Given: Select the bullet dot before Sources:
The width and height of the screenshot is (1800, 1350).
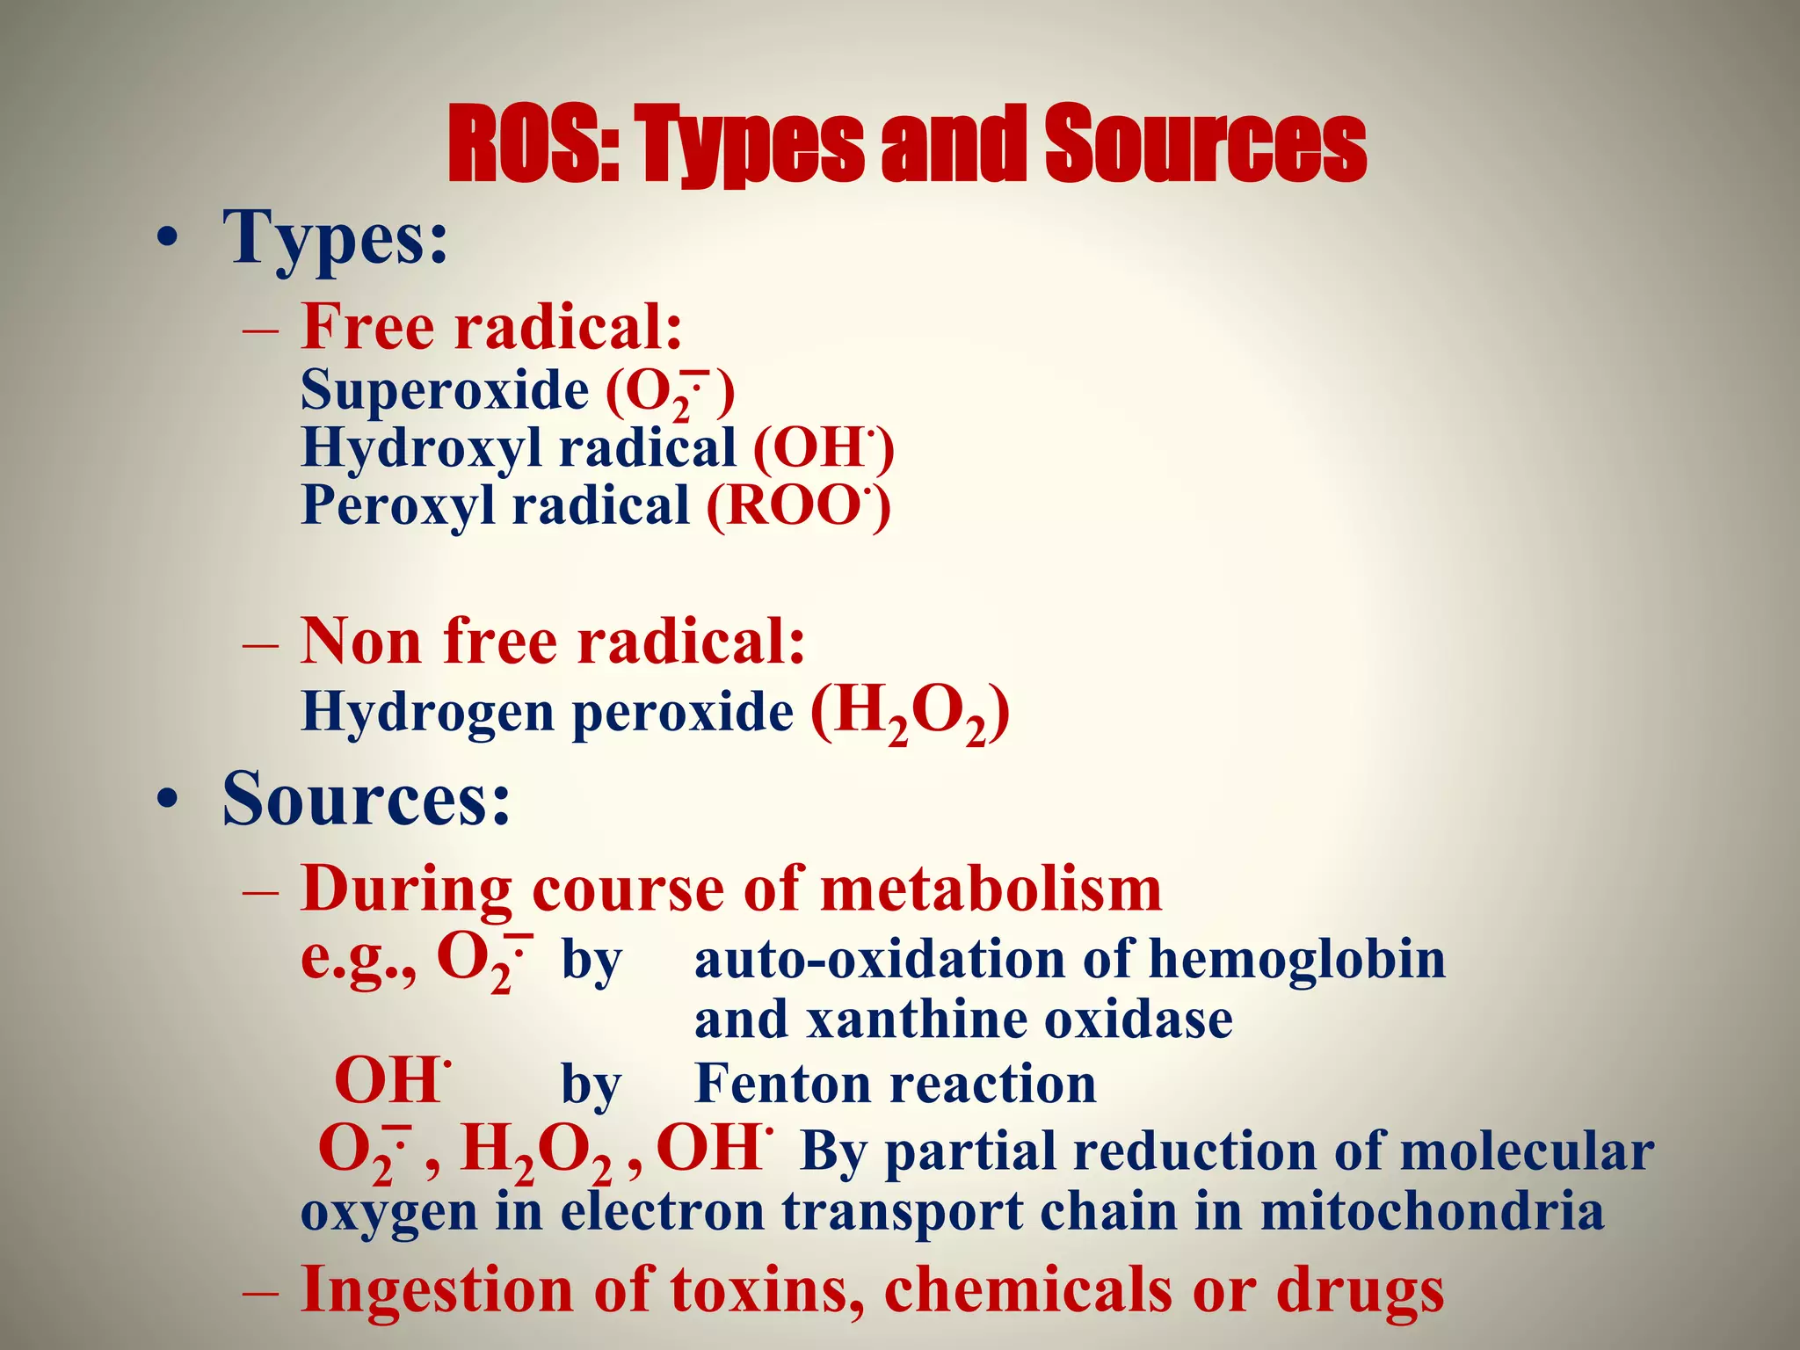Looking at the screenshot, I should click(x=166, y=799).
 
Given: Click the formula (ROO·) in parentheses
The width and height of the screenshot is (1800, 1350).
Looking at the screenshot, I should click(x=799, y=507).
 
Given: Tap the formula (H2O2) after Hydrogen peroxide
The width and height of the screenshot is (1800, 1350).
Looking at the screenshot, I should click(x=911, y=712).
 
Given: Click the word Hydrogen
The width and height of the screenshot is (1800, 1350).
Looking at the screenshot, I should click(x=427, y=712).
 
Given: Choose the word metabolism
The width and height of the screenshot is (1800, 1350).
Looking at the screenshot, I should click(x=991, y=889).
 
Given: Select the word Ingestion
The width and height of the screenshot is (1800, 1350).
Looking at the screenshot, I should click(x=437, y=1290).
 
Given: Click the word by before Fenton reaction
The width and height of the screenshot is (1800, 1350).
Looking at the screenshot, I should click(x=591, y=1085).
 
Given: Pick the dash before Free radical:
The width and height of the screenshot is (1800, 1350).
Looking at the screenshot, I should click(x=261, y=330).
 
